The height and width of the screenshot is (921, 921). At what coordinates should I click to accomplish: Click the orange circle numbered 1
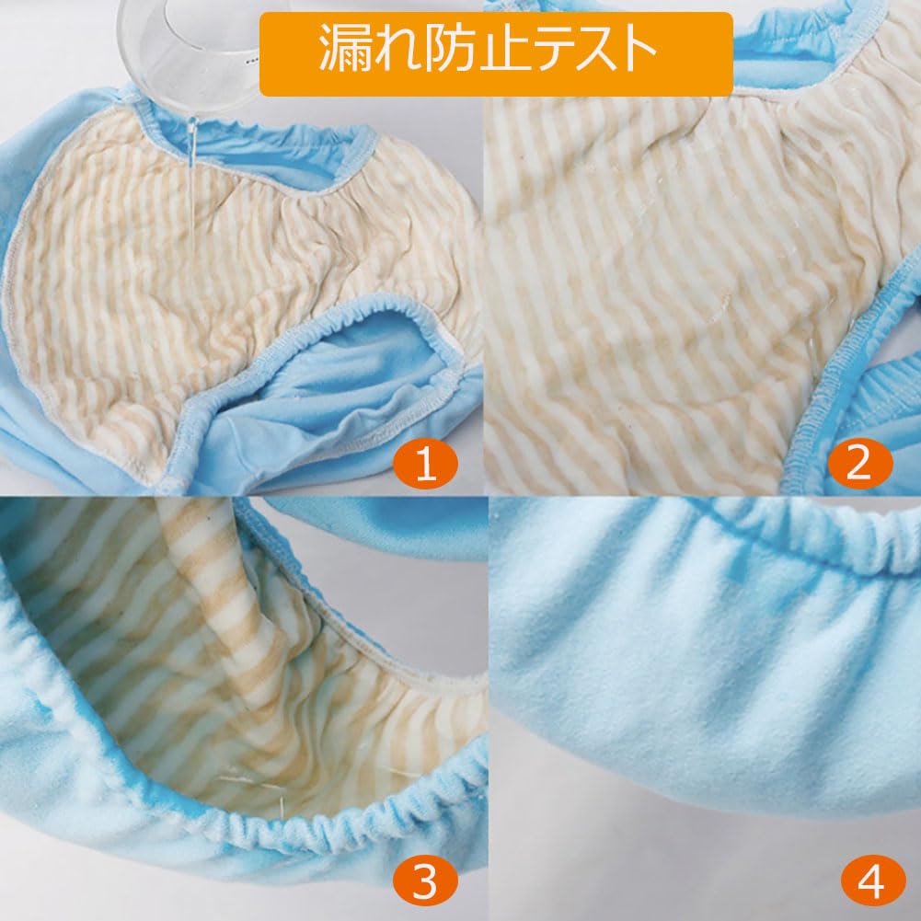point(424,466)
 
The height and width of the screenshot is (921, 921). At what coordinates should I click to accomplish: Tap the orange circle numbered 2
point(858,466)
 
